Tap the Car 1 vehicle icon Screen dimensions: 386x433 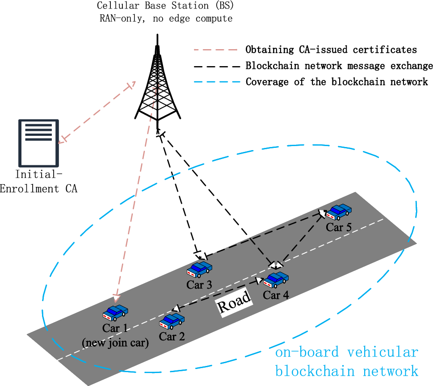pos(116,313)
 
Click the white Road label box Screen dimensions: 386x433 pos(234,305)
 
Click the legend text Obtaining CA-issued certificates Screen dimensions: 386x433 pos(331,49)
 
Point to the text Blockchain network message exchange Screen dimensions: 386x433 pos(339,66)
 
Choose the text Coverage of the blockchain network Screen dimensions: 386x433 pos(337,82)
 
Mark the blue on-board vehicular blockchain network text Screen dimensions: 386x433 pos(347,361)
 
